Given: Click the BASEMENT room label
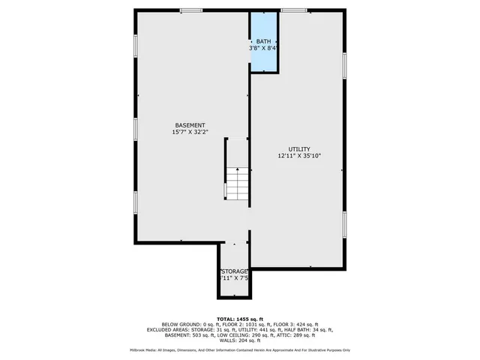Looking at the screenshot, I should pyautogui.click(x=190, y=124).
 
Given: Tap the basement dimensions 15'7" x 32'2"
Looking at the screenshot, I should pyautogui.click(x=190, y=132).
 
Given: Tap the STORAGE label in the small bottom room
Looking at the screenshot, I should pyautogui.click(x=234, y=271).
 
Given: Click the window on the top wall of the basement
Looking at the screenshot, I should pyautogui.click(x=190, y=10).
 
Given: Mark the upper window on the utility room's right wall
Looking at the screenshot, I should pyautogui.click(x=345, y=64).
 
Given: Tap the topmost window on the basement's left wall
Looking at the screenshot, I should pyautogui.click(x=136, y=45).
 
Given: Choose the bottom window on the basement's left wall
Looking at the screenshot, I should pyautogui.click(x=136, y=202).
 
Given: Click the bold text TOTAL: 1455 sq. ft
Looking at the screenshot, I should pyautogui.click(x=240, y=319).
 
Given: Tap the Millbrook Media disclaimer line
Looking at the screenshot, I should pyautogui.click(x=240, y=350).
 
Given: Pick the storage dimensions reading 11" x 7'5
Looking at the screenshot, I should pyautogui.click(x=234, y=278).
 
